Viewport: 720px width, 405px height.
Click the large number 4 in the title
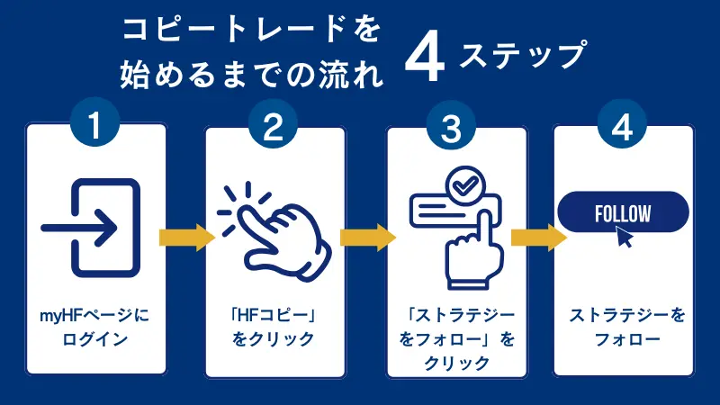click(x=426, y=63)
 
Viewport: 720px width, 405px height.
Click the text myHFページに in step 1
click(x=96, y=316)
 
